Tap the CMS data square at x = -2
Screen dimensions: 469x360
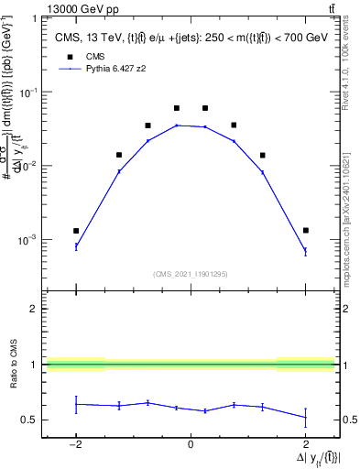(76, 231)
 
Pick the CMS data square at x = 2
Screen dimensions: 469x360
(305, 230)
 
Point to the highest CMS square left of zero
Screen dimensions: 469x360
(177, 108)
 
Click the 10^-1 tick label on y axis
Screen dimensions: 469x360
(29, 93)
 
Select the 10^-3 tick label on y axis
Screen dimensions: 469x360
(29, 240)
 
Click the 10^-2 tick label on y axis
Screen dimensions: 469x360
(29, 166)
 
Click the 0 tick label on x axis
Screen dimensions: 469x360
(191, 445)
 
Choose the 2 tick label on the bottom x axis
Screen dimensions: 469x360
(305, 445)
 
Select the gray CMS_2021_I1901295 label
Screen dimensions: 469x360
(191, 273)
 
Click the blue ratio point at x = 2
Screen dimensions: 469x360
(305, 418)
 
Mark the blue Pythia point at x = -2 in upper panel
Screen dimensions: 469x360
(76, 246)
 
